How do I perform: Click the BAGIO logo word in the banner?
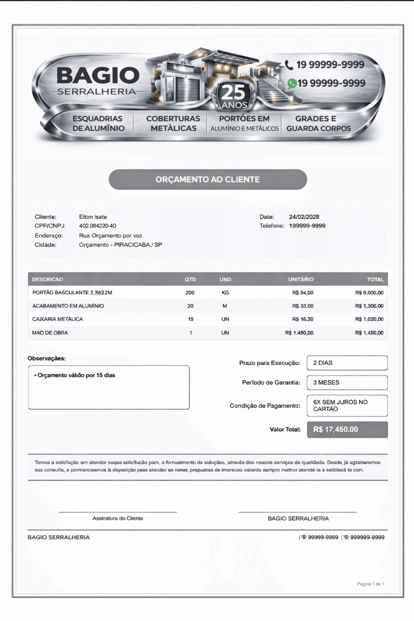(98, 75)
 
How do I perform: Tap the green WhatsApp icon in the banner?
(292, 83)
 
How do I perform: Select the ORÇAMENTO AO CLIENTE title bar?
(208, 180)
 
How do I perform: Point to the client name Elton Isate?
(93, 217)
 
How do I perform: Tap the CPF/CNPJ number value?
(98, 226)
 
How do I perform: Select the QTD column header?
(190, 280)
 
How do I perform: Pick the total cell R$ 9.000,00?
(369, 293)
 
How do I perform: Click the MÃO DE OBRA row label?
(50, 333)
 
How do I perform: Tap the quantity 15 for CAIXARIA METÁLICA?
(191, 319)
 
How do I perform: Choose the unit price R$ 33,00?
(302, 306)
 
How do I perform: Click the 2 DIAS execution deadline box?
(347, 363)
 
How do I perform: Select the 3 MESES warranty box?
(347, 383)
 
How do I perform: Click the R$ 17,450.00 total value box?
(347, 429)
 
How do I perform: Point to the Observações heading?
(47, 358)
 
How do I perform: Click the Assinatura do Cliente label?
(118, 519)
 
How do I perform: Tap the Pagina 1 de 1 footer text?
(370, 584)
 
